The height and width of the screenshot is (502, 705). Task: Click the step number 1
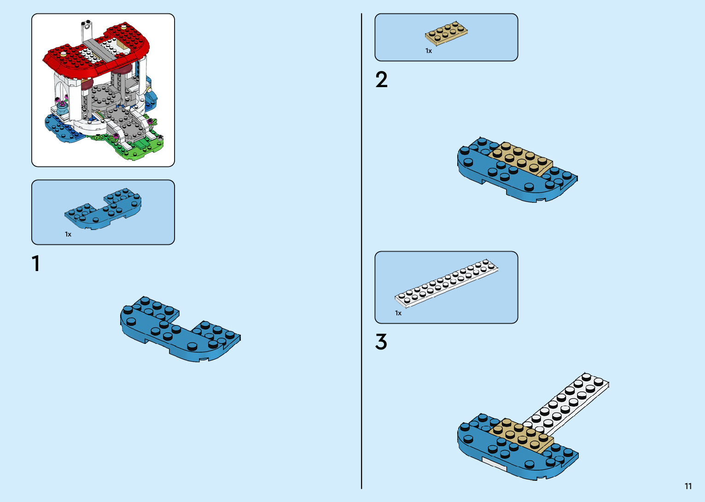pos(35,264)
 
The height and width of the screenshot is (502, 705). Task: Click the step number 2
pos(381,80)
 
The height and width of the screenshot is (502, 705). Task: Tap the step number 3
pos(381,342)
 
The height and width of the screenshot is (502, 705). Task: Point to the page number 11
pos(688,486)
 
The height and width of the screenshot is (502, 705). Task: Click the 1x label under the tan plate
pos(428,51)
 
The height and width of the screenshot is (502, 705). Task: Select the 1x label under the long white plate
pos(398,313)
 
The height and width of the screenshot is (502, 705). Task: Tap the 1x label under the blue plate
pos(68,234)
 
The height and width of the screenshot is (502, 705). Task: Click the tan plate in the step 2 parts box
pos(446,33)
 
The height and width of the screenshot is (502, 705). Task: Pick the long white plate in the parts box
pos(446,283)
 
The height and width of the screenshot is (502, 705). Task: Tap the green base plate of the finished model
pos(143,148)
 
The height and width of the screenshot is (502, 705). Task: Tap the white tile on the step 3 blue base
pos(494,464)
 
